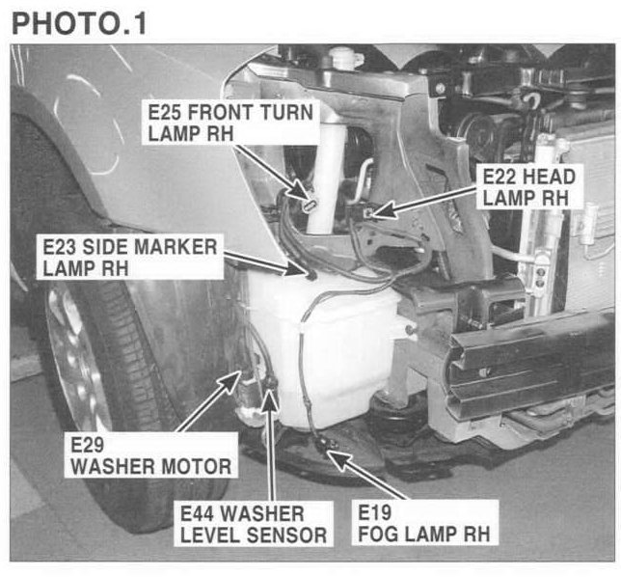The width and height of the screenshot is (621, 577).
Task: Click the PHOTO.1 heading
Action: (79, 24)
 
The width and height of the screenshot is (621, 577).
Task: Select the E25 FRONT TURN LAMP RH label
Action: (230, 123)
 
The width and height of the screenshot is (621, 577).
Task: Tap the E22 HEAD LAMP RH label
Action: (529, 187)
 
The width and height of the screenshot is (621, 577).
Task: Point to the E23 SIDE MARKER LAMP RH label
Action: (130, 258)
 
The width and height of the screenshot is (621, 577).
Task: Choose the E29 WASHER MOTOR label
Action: (150, 455)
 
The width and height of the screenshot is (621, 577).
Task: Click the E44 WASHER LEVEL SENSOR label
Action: (254, 524)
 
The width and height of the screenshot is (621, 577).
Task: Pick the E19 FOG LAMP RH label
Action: (424, 523)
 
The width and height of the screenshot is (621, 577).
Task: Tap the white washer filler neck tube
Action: (328, 180)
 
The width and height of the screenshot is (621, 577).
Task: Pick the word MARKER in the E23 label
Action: (175, 247)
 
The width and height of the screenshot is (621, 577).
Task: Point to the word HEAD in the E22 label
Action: (548, 177)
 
